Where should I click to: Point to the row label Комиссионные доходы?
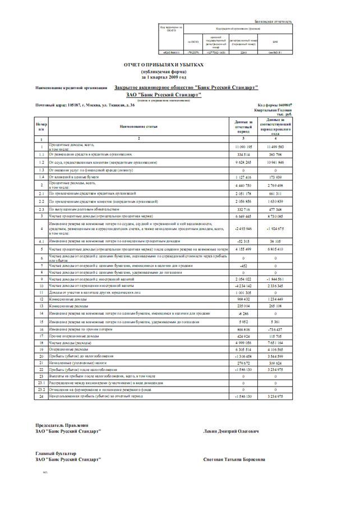(68, 300)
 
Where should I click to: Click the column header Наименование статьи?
(139, 126)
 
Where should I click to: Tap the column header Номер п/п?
(40, 126)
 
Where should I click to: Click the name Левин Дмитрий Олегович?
(232, 431)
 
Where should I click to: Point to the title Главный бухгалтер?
(56, 453)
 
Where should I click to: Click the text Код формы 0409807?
(275, 105)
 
